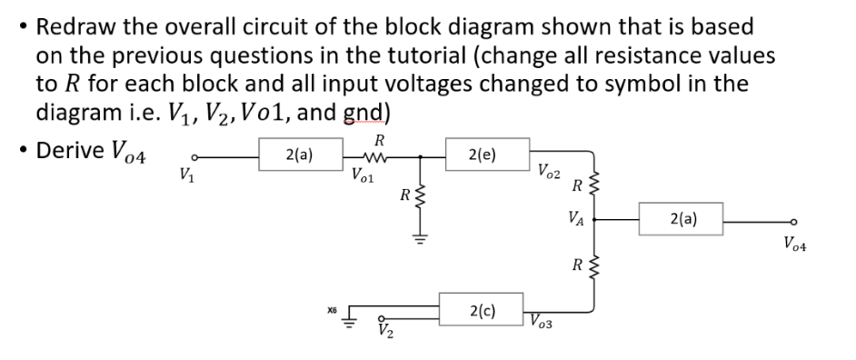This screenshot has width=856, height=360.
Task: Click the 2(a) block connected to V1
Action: [301, 155]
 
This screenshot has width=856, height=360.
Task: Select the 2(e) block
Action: [483, 155]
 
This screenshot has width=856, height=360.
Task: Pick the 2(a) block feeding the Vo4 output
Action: [682, 219]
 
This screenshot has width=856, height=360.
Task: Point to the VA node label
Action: [575, 218]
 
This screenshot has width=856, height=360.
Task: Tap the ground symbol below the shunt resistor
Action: [420, 240]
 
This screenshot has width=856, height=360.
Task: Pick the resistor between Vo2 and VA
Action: [596, 187]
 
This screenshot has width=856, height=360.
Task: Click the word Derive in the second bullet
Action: [72, 150]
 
